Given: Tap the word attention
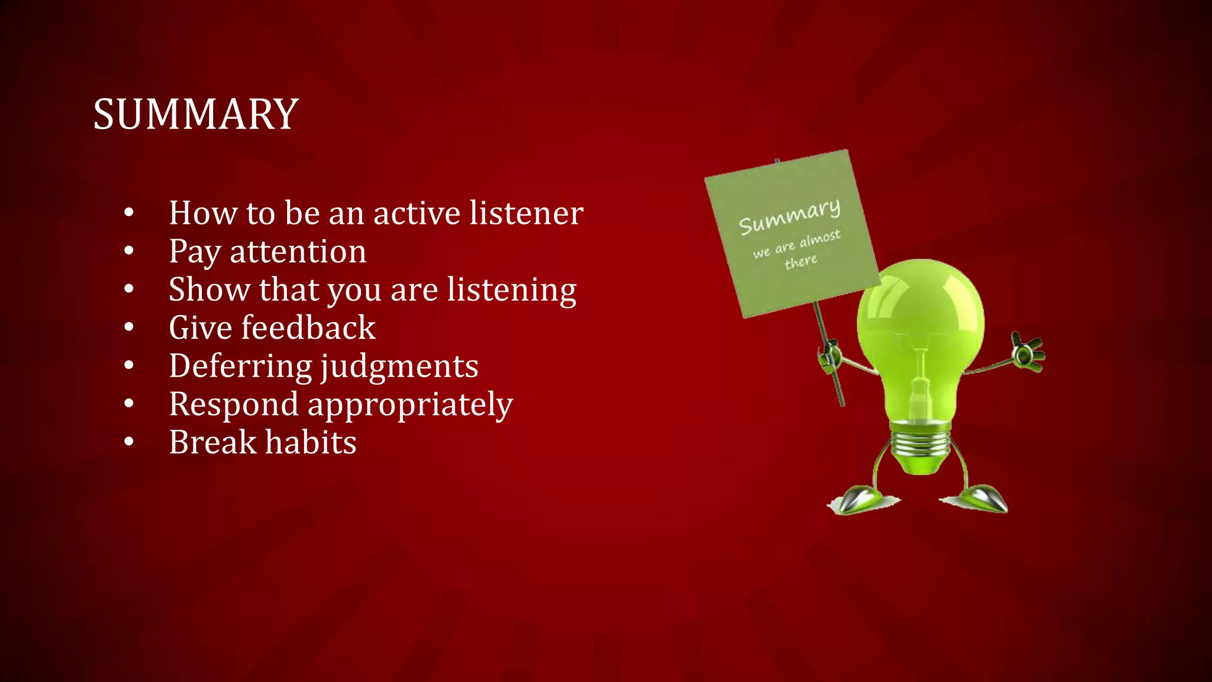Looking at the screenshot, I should coord(298,251).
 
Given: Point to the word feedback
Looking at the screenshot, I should coord(308,327).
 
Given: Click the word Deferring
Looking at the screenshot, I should coord(240,366).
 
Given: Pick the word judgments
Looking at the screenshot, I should coord(399,366).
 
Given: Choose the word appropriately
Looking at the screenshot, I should coord(410,405).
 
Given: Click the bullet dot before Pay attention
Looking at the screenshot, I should coord(129,251).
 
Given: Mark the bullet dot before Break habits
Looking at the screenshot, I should coord(129,442).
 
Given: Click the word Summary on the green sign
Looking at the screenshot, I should coord(789,217).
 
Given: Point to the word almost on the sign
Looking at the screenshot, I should coord(820,239).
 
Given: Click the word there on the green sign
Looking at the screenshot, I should coord(801,261).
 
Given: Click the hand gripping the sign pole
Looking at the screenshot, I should coord(830,355).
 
